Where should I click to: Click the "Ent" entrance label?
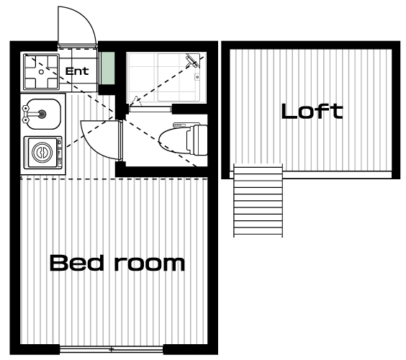[x=77, y=71]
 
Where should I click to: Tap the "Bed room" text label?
[x=117, y=263]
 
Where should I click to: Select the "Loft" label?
[x=312, y=112]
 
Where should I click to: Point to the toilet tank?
[x=199, y=140]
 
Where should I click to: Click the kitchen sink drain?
[x=42, y=114]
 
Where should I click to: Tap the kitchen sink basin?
[x=43, y=114]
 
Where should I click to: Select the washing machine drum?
[x=42, y=153]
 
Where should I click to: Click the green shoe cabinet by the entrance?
[x=108, y=68]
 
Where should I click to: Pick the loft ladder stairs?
[x=258, y=200]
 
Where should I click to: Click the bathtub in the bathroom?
[x=179, y=78]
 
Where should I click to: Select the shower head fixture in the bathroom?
[x=192, y=60]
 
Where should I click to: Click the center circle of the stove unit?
[x=41, y=72]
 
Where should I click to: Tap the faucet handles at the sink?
[x=26, y=114]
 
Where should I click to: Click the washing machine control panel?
[x=60, y=153]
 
